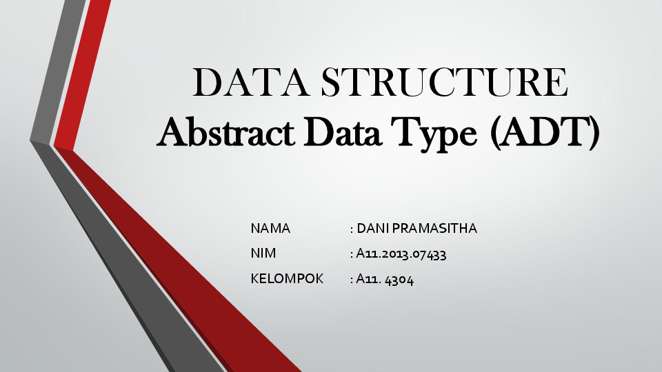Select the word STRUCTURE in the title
(445, 83)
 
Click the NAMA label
(270, 229)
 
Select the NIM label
(263, 254)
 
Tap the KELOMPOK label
(287, 279)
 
